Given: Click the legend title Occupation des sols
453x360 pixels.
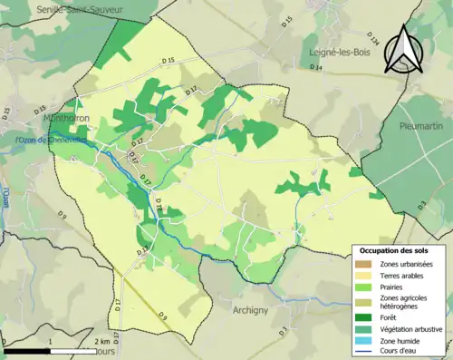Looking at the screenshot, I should point(393,249).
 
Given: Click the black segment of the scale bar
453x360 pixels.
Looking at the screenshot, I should point(26,350).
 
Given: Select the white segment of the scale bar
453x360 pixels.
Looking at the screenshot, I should point(72,350).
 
